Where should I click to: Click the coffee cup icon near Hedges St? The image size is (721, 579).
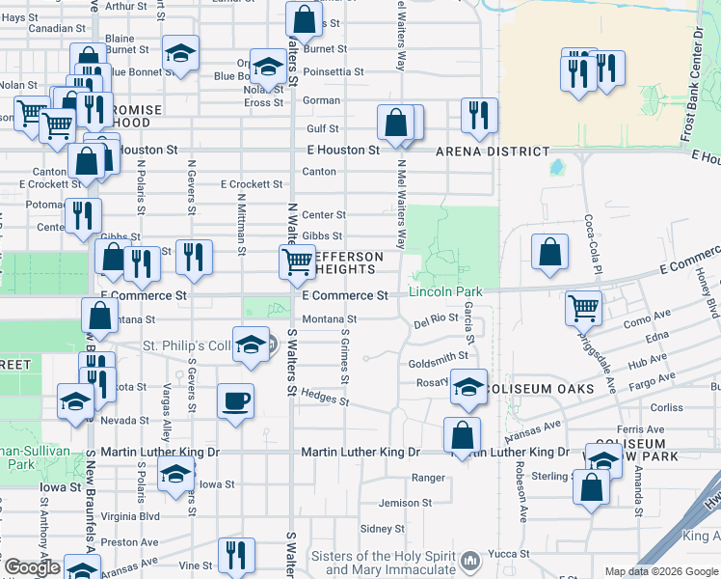point(236,400)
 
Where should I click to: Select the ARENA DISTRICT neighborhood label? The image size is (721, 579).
point(493,152)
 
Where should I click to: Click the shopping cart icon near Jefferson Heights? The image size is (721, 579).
point(297,262)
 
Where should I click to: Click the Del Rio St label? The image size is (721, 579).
point(436,317)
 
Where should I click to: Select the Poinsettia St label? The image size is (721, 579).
point(333,71)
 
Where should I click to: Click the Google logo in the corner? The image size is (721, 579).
point(32,568)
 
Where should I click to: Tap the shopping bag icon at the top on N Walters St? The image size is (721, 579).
point(304,18)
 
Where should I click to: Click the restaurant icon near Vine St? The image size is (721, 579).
point(235,555)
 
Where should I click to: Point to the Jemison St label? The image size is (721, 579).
point(405,503)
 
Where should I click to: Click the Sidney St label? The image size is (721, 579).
point(382,529)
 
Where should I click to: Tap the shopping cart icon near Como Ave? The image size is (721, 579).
point(583,310)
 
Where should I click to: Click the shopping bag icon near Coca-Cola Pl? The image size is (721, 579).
point(548,253)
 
